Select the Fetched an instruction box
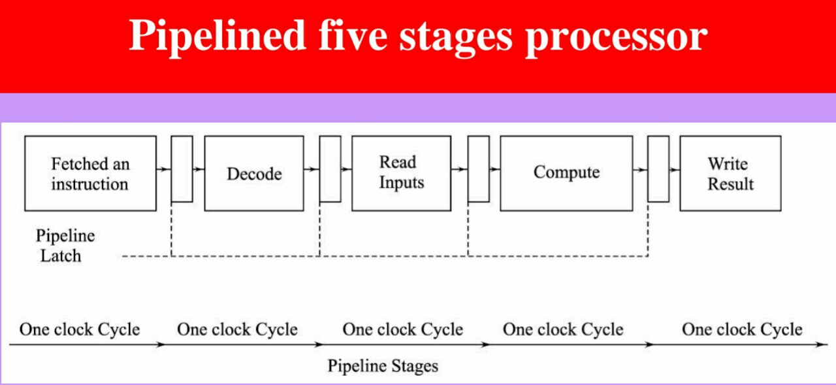[x=90, y=173]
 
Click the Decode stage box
[x=253, y=173]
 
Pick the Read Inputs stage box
[x=400, y=173]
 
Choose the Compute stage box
[x=566, y=173]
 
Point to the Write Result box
[x=730, y=173]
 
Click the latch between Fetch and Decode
[x=182, y=169]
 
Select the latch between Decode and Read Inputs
[x=330, y=169]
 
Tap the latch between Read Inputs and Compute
[x=478, y=169]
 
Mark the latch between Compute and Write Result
[x=658, y=169]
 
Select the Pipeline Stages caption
[x=382, y=366]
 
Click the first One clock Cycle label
[x=80, y=329]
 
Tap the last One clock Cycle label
[x=742, y=329]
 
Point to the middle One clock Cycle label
[x=402, y=329]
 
